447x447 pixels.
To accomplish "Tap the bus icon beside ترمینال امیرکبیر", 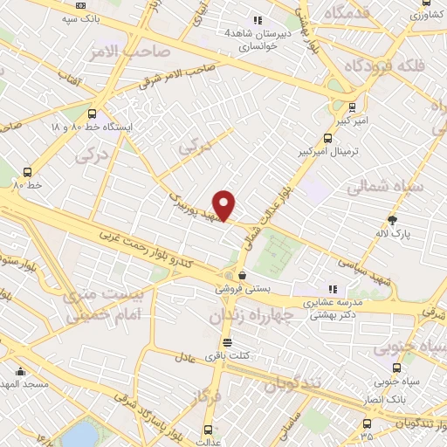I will point(328,137).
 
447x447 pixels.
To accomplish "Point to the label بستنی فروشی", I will point(243,287).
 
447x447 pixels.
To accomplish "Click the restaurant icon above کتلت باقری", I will point(227,342).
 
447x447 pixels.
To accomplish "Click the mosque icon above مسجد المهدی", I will point(13,370).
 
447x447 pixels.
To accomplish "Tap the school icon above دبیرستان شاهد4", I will point(257,19).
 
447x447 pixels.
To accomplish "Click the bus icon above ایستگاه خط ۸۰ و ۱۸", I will point(93,113).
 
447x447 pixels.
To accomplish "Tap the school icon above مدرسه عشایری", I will point(331,288).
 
